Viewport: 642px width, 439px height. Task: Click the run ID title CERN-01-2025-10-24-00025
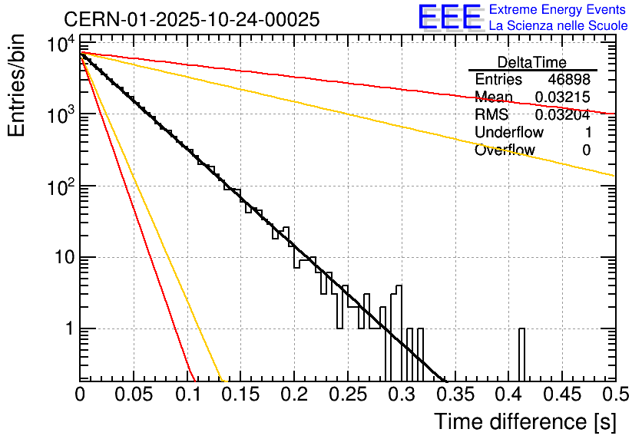point(191,19)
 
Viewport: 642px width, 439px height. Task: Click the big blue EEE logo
point(449,18)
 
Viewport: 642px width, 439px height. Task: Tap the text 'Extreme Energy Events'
point(558,10)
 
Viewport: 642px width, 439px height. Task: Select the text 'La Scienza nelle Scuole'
point(558,26)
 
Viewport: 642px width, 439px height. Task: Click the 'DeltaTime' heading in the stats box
point(532,62)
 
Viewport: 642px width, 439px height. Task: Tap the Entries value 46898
point(569,80)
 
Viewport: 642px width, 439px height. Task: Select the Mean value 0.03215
point(562,97)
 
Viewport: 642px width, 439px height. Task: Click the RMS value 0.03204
point(564,115)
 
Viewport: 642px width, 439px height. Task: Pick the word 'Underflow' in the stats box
point(509,133)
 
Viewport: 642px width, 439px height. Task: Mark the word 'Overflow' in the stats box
point(505,150)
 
